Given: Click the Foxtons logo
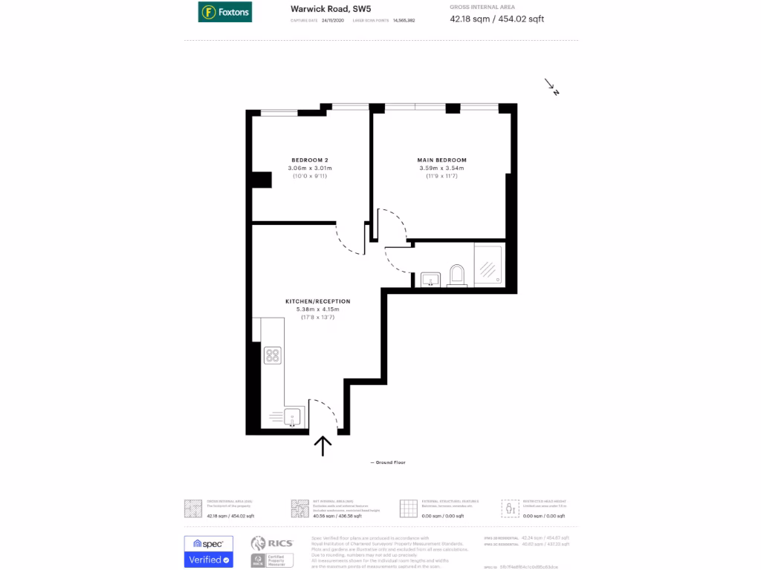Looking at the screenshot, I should [224, 12].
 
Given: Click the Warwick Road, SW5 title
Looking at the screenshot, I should [320, 9].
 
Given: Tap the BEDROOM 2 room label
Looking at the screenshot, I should [309, 160].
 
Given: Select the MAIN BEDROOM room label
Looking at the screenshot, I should [441, 160].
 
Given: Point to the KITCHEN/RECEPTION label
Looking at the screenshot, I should [317, 301].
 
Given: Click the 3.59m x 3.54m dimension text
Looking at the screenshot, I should [441, 168].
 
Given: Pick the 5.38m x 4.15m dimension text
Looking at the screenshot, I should [317, 309].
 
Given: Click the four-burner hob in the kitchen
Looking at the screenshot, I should [272, 356].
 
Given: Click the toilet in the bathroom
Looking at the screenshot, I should [457, 275].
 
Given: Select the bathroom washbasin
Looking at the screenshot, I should [431, 279].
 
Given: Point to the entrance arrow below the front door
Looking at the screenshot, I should [323, 445].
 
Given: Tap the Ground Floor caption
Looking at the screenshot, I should [389, 462].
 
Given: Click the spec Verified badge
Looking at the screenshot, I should [208, 552].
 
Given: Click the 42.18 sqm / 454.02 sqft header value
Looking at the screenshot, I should [496, 19].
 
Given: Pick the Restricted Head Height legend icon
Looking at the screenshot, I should [511, 508].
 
